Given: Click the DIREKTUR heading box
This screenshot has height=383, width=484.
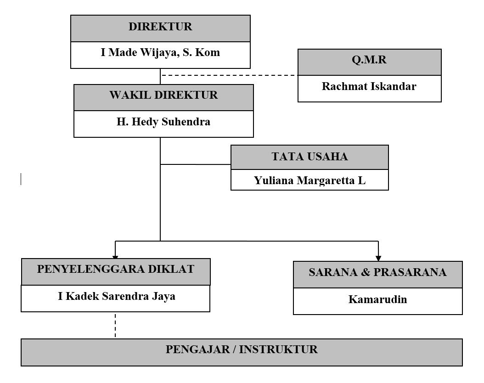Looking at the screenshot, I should (160, 27).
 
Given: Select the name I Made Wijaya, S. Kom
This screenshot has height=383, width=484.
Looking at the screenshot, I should (160, 52).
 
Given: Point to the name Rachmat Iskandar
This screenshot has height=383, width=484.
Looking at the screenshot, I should (369, 86).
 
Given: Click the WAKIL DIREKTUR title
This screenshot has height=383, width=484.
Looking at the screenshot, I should (163, 96).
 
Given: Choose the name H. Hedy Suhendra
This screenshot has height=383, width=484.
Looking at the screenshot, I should (163, 122).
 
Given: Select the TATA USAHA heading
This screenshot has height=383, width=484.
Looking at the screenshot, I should (310, 157).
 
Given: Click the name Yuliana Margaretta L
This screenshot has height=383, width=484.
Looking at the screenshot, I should (310, 180).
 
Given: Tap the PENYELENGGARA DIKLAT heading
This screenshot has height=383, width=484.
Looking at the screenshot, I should (116, 270).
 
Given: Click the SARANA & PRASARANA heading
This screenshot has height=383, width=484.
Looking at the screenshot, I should (377, 272).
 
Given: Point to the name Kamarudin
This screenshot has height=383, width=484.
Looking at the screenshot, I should (377, 300).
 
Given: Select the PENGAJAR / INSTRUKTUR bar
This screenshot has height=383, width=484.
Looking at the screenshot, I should (242, 350).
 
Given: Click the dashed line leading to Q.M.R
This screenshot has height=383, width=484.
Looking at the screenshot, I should (230, 75).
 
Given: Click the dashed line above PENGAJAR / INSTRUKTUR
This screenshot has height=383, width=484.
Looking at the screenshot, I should (115, 325).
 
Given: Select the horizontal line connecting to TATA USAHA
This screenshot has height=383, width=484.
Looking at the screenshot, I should (195, 164).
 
